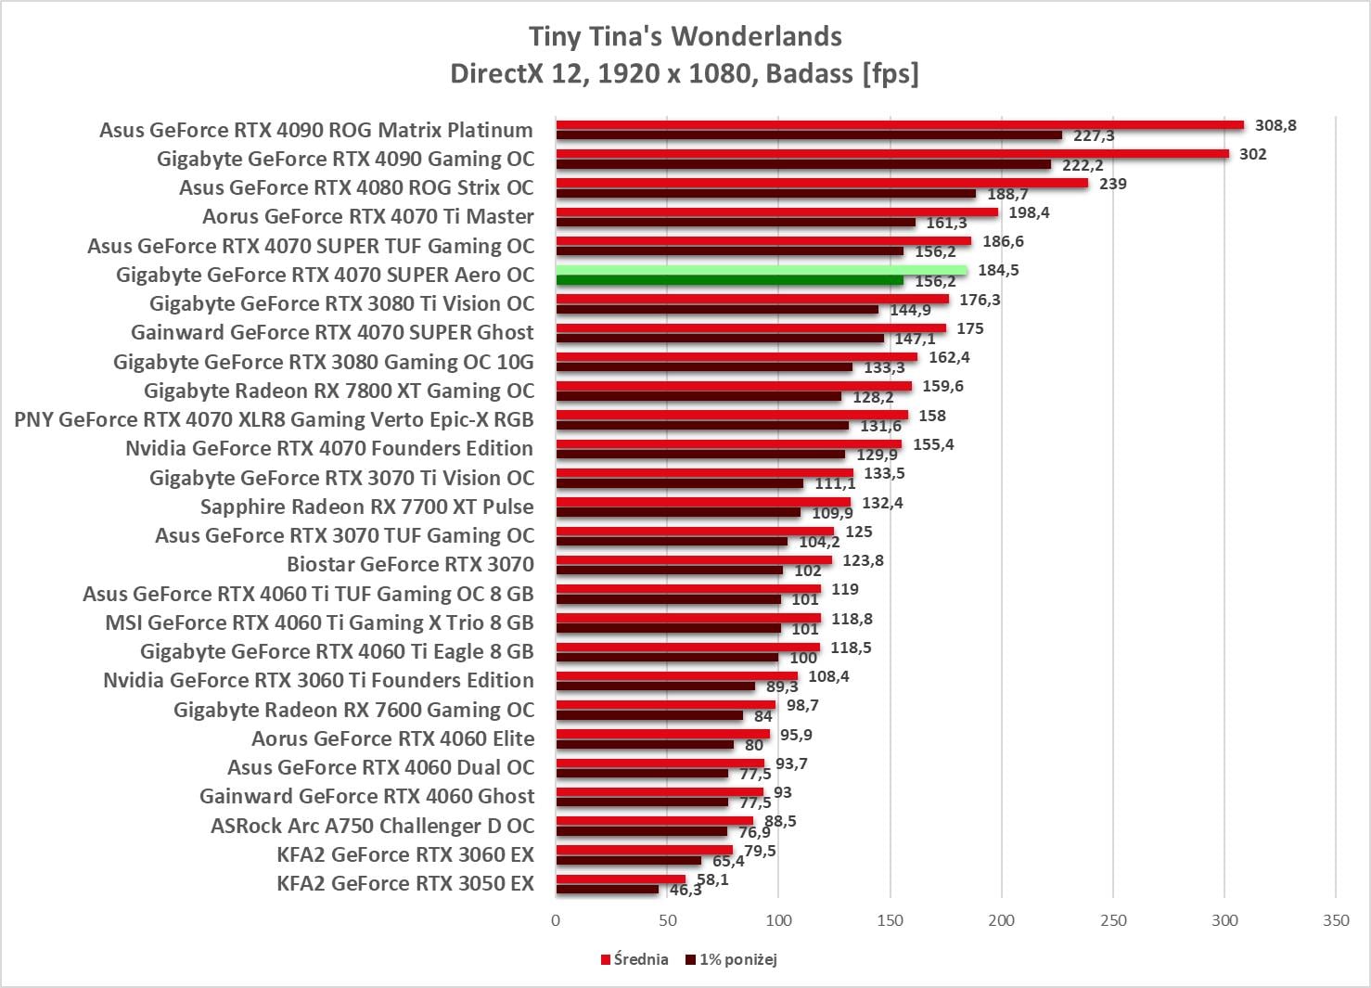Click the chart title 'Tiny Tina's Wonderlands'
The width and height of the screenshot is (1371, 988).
click(685, 36)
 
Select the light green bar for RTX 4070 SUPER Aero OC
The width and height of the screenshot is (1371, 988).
click(761, 270)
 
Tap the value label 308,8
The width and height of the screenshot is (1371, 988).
click(1275, 125)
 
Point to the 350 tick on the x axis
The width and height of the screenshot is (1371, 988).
click(1336, 920)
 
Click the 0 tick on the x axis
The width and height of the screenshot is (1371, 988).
click(556, 920)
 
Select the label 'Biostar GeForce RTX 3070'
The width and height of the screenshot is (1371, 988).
click(410, 564)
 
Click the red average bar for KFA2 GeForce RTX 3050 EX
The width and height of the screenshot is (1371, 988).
click(621, 879)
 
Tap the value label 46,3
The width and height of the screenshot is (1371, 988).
click(685, 891)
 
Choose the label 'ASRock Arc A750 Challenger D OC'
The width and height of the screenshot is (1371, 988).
click(372, 826)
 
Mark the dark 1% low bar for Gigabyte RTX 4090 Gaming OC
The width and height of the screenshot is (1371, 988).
click(803, 165)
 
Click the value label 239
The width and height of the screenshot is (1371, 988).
click(1112, 184)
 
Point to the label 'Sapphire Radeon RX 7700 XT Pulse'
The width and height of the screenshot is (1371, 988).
click(366, 507)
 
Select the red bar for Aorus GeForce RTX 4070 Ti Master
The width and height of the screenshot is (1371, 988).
click(776, 212)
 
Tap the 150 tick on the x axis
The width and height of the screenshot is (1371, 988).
click(891, 920)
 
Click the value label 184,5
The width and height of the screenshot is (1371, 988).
click(998, 270)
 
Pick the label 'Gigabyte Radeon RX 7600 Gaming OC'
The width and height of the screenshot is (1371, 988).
click(353, 710)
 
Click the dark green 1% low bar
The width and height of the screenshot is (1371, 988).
click(729, 281)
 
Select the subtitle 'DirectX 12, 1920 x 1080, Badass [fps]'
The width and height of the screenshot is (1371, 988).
click(685, 73)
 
